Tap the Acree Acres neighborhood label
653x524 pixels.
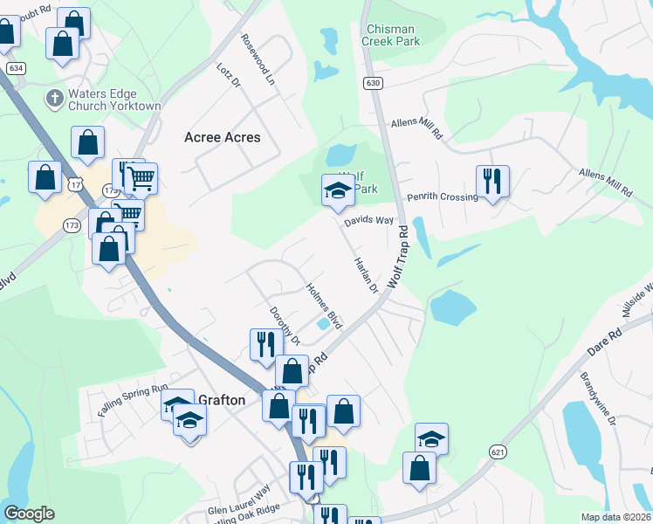[x=223, y=137]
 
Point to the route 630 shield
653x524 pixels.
[x=373, y=83]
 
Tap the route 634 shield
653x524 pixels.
[x=14, y=67]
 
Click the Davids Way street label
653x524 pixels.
[x=368, y=221]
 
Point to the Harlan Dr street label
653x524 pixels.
[x=365, y=275]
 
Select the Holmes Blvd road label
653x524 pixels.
[x=324, y=305]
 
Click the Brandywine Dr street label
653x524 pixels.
[x=598, y=397]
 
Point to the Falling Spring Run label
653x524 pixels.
[x=133, y=401]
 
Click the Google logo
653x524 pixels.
[x=30, y=514]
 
